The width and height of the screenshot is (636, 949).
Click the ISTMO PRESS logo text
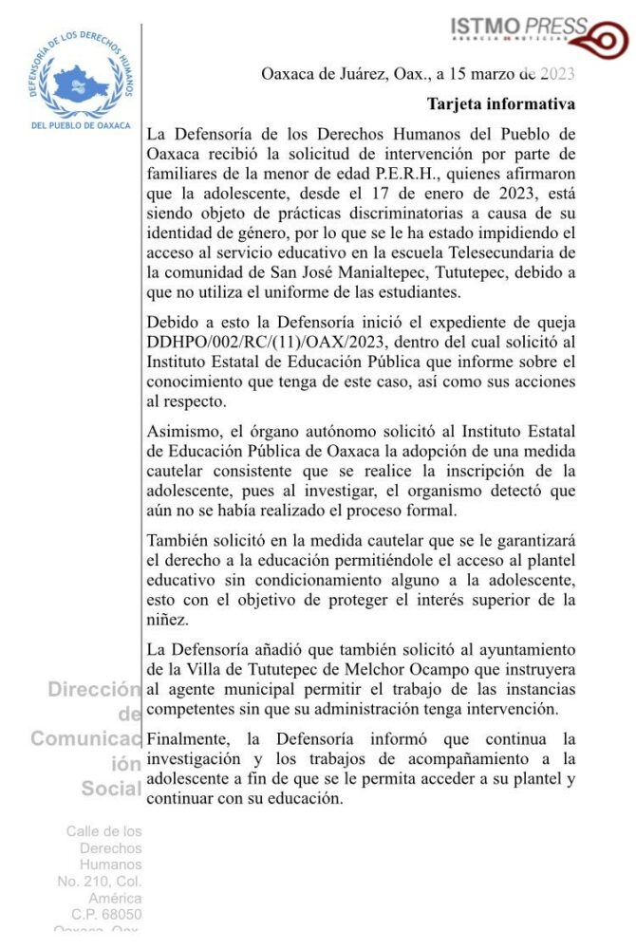coord(519,28)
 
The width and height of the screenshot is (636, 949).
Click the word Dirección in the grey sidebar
coord(94,690)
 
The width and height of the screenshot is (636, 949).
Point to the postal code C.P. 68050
coord(106,914)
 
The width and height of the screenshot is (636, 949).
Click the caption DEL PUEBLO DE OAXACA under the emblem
coord(81,124)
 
